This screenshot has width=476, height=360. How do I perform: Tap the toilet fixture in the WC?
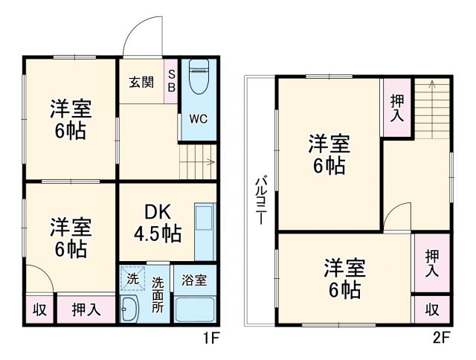pos(198,77)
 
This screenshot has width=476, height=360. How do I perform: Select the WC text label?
pos(198,118)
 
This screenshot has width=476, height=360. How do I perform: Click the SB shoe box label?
pos(170,80)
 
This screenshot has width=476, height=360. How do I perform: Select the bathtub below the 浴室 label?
pos(195,308)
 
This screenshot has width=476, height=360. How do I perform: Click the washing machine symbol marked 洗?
pos(132,280)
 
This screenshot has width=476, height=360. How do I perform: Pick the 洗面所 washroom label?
pos(158,295)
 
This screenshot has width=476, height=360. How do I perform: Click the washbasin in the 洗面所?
pos(130,309)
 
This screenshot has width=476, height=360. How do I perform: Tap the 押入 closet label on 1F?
pos(86,309)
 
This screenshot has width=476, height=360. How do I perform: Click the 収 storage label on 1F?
pos(39,309)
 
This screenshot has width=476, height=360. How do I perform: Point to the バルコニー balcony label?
pos(261,201)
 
